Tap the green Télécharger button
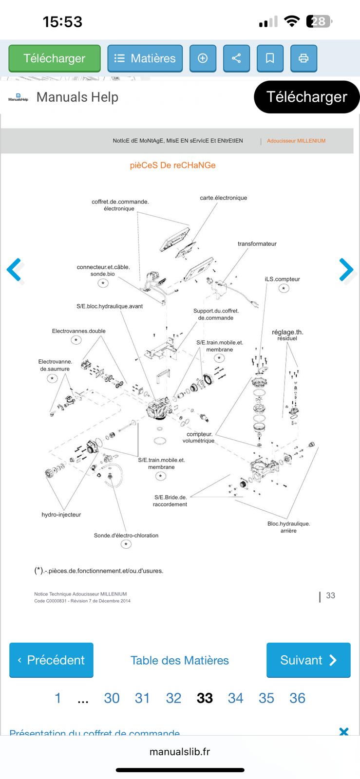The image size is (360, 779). [55, 58]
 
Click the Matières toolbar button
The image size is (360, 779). [145, 58]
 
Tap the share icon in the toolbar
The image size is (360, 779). [236, 58]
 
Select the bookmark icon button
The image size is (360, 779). [270, 58]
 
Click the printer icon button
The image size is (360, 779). [303, 58]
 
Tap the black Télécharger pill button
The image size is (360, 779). [306, 97]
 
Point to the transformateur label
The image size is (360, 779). [257, 243]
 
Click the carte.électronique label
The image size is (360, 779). [223, 198]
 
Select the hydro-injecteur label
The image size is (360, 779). [61, 515]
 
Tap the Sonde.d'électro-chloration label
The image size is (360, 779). [126, 536]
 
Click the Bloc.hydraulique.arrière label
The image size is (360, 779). [288, 527]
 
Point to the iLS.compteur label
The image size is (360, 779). [282, 279]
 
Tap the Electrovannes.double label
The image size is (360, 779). [79, 331]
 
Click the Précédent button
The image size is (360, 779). [51, 660]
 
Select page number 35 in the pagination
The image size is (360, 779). [266, 698]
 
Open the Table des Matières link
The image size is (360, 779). [179, 660]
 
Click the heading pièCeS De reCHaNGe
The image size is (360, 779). [172, 165]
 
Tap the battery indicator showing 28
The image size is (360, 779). [319, 21]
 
